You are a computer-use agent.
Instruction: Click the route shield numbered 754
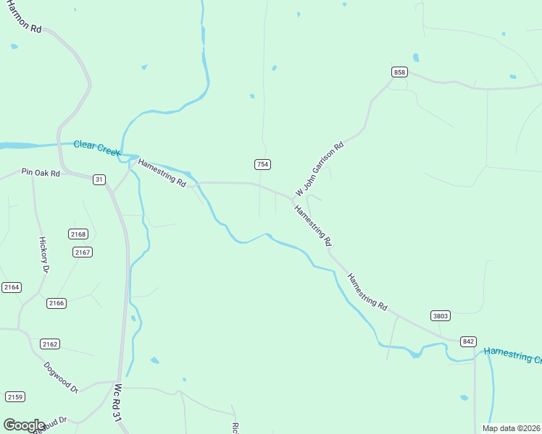tap(262, 165)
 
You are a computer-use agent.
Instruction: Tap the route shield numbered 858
tap(399, 72)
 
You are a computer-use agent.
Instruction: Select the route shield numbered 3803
tap(440, 315)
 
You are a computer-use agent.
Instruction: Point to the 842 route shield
tap(468, 341)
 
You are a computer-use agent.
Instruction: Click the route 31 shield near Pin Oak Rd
tap(99, 179)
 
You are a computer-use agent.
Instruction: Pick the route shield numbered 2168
tap(78, 234)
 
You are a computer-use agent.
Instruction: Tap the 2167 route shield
tap(83, 252)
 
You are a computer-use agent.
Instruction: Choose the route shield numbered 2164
tap(12, 287)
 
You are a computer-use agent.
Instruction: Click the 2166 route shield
tap(57, 302)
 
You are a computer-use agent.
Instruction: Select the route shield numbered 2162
tap(50, 344)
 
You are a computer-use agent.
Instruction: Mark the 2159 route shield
tap(15, 396)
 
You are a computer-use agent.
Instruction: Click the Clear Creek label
tap(96, 149)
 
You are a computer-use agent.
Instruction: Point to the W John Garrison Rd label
tap(319, 169)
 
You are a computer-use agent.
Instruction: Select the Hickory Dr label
tap(43, 254)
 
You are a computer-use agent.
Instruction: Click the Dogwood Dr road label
tap(60, 377)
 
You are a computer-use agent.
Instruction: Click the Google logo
tap(23, 425)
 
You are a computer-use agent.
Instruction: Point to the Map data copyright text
tap(511, 428)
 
